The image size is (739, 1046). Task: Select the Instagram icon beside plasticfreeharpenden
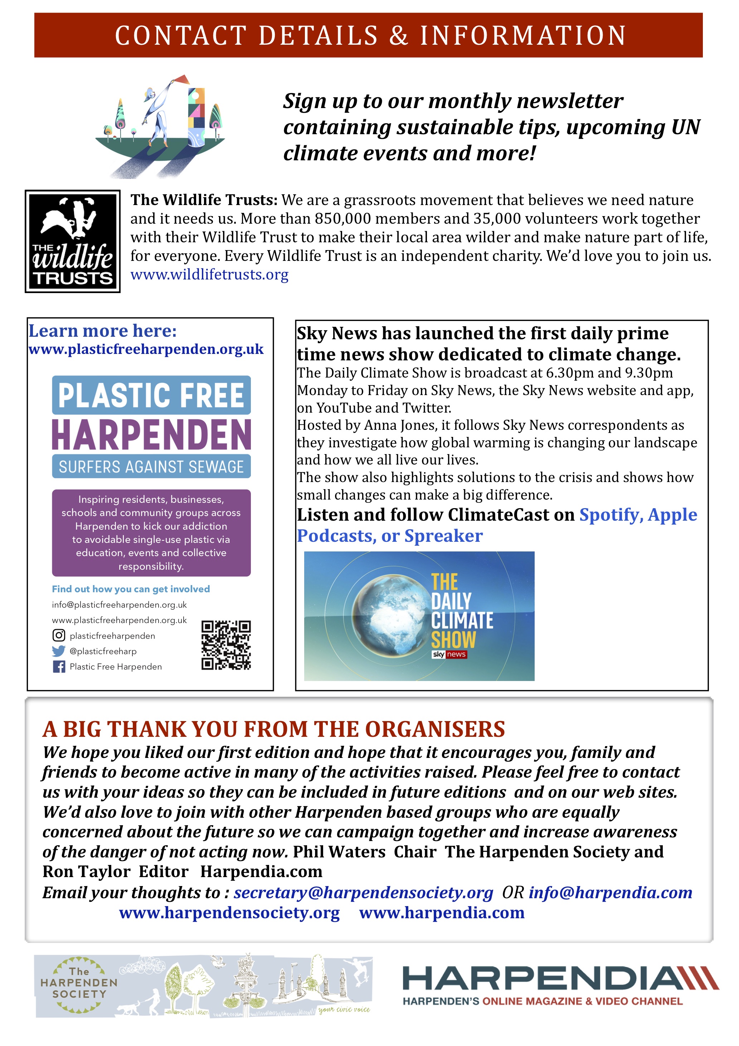pos(59,635)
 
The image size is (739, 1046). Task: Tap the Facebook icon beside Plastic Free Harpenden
pos(59,667)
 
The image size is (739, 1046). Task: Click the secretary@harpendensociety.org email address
pos(363,892)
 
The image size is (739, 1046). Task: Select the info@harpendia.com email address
pos(610,892)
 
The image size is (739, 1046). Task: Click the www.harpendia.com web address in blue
pos(442,913)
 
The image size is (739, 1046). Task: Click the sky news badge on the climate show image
pos(449,654)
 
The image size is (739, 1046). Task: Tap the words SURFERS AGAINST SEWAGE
pos(151,467)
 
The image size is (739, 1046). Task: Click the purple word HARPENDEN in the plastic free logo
pos(151,435)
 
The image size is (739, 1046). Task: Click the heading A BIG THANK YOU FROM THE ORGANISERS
pos(273,729)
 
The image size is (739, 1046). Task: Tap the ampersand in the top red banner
pos(399,35)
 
